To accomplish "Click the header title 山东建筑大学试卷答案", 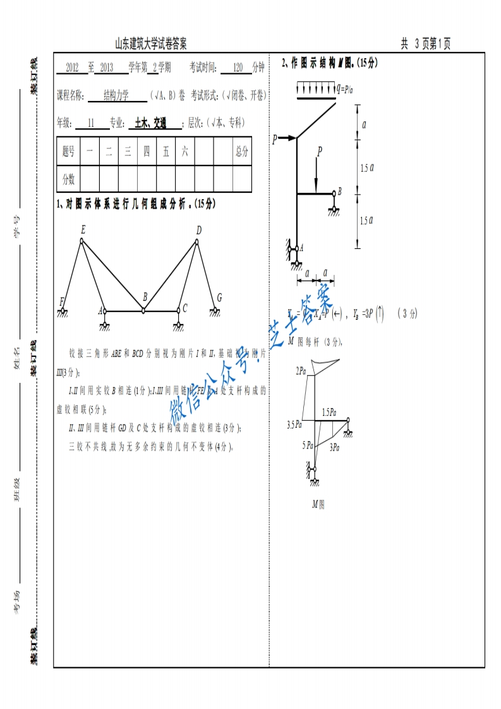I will tap(150, 44).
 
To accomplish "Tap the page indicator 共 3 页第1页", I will tap(425, 44).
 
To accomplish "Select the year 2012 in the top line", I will tap(72, 68).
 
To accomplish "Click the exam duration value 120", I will tap(238, 68).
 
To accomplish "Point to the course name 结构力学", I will tap(116, 95).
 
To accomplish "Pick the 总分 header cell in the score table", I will tap(241, 151).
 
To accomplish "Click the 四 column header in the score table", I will tap(147, 151).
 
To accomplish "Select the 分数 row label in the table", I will tap(68, 179).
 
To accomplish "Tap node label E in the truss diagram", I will tap(82, 231).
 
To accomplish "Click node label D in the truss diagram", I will tap(198, 231).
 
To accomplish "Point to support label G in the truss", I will tap(219, 297).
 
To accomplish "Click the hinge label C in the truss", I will tap(184, 308).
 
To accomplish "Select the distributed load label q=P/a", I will tap(345, 89).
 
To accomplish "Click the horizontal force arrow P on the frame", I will tap(284, 138).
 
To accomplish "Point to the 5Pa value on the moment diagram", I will tap(308, 445).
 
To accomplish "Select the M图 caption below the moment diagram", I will tap(318, 504).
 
